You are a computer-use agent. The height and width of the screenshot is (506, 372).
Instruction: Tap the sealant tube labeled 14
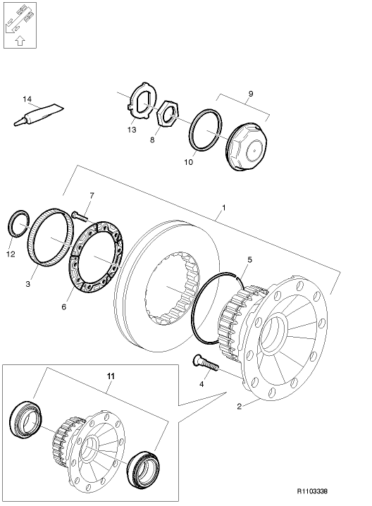[38, 116]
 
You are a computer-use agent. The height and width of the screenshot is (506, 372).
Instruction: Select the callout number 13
[132, 130]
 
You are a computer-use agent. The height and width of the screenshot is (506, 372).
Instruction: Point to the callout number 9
[252, 93]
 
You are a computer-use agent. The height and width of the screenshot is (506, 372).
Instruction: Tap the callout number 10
[188, 162]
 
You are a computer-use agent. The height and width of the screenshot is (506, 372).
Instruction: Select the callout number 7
[91, 195]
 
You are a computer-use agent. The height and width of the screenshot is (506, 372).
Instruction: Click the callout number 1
[224, 209]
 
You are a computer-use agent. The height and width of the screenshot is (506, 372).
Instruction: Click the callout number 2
[239, 406]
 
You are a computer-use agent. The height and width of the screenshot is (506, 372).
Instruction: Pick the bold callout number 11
[110, 376]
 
